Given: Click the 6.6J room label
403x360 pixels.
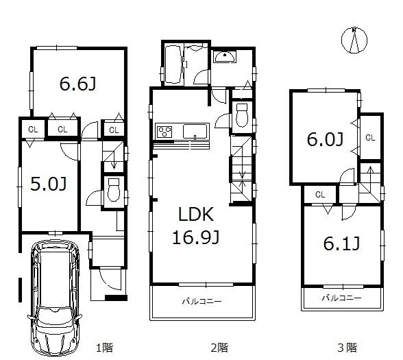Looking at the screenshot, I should point(77,84).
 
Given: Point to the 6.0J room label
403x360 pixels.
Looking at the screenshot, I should point(323,140).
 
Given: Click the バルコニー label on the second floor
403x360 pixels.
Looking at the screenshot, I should point(202,300).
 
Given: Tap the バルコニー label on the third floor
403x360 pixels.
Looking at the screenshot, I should point(341,299).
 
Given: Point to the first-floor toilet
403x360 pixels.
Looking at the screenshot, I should point(114,189).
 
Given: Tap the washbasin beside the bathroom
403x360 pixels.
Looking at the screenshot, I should point(224,59).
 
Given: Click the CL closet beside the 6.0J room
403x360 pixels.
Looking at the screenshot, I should point(370,137).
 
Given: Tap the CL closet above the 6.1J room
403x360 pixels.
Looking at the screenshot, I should point(320,195).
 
